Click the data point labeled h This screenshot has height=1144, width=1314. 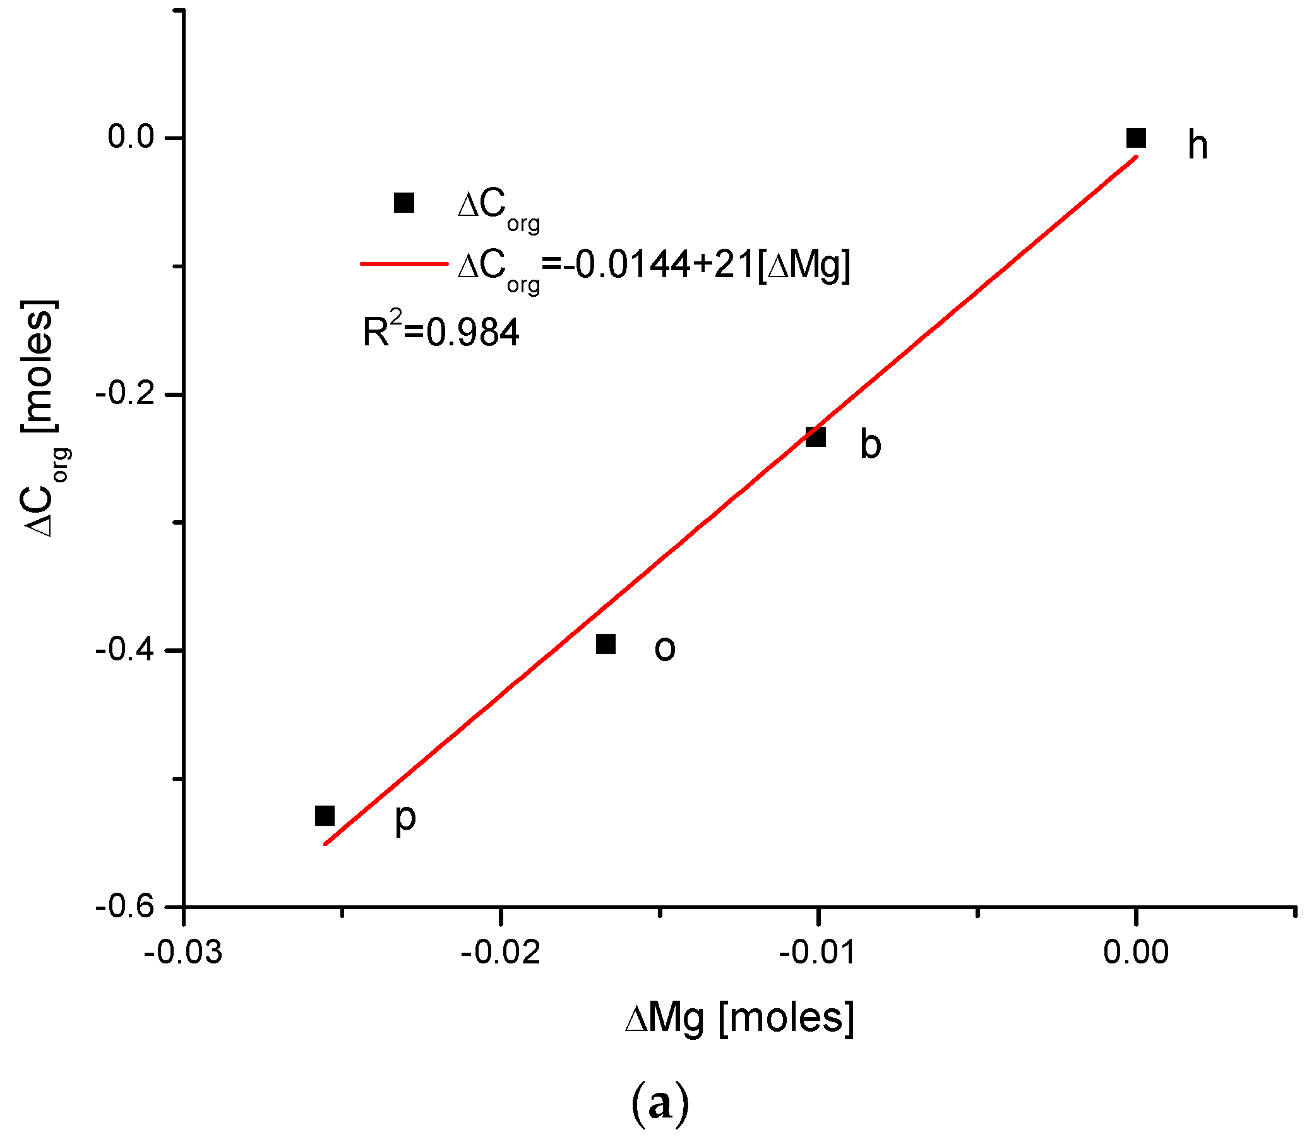pos(1136,138)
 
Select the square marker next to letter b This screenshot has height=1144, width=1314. pos(815,438)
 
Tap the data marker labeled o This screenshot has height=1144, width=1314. pos(606,644)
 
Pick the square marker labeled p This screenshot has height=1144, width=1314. pos(325,816)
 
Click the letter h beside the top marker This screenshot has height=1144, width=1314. pos(1197,145)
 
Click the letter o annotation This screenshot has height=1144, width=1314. pos(665,648)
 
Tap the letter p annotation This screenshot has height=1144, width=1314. pos(405,818)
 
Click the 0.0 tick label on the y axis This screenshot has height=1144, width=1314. pos(131,137)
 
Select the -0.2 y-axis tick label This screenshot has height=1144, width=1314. pos(126,394)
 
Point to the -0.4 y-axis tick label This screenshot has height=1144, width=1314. pos(126,650)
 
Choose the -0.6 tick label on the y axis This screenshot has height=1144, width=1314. pos(126,907)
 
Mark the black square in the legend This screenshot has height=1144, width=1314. pos(404,203)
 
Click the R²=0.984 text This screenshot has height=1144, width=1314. pos(441,330)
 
